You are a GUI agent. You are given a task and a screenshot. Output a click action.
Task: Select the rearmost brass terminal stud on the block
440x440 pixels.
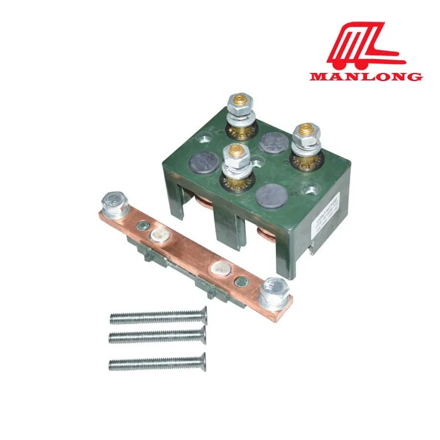[x=240, y=102]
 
